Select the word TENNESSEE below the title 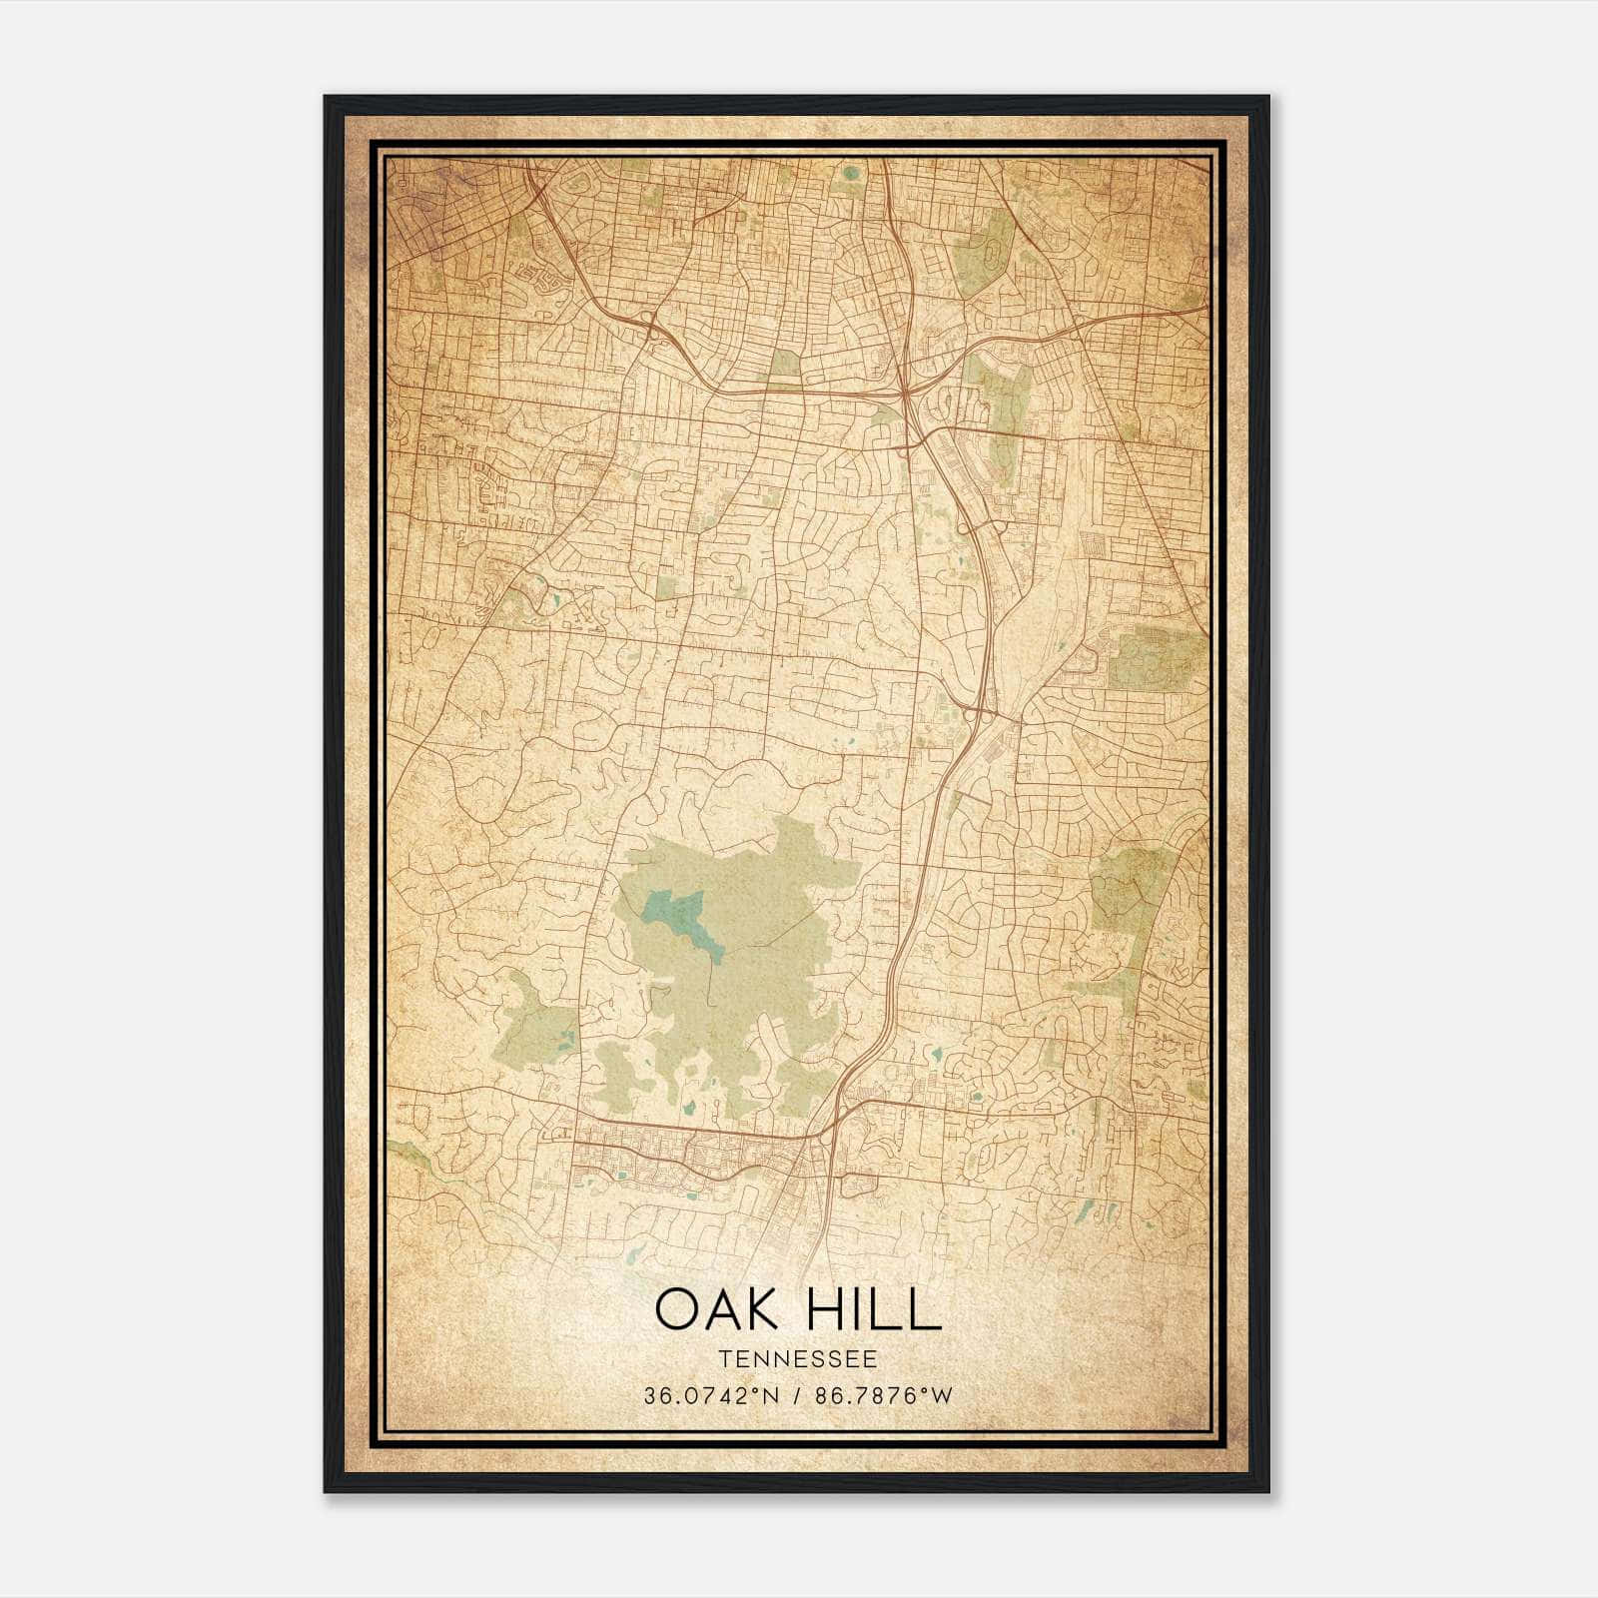(x=797, y=1359)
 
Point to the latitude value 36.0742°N (x=710, y=1395)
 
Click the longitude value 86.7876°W (x=883, y=1395)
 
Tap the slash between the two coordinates (x=797, y=1395)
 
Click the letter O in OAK (x=676, y=1309)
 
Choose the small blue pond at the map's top (x=850, y=173)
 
